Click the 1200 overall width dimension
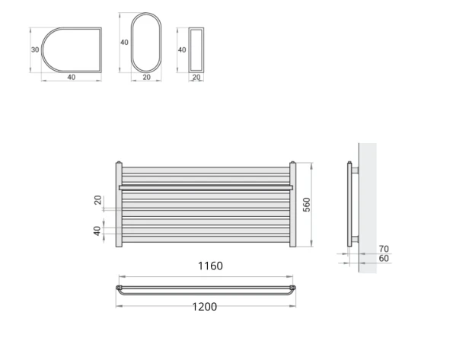(x=203, y=307)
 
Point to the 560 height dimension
(x=307, y=205)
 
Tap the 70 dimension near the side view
(x=383, y=248)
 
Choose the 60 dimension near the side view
(x=383, y=259)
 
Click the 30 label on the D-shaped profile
(x=35, y=50)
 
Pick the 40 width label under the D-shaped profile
(x=71, y=77)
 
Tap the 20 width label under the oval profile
(x=146, y=77)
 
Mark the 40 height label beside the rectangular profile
(x=181, y=49)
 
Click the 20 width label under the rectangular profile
(x=196, y=77)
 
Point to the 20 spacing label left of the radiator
(x=97, y=200)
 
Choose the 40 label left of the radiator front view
(x=97, y=231)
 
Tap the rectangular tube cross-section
(x=196, y=49)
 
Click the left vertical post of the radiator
(x=118, y=205)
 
